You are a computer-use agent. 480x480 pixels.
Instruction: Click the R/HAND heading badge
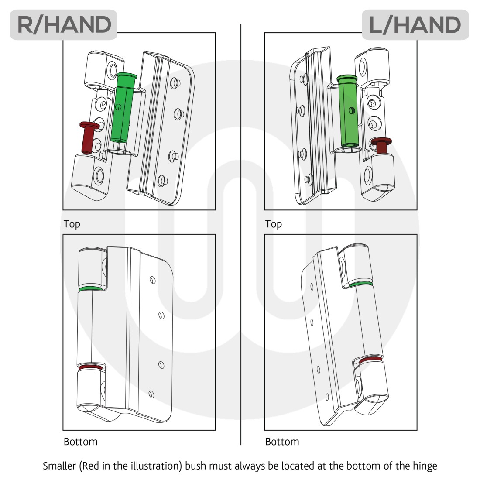pos(64,25)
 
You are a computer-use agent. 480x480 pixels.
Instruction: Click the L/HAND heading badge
pos(415,25)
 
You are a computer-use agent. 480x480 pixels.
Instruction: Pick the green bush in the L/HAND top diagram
pos(349,112)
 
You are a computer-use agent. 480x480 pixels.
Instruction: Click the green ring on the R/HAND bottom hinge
pos(91,289)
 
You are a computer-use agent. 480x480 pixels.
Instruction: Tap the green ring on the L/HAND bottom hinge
pos(361,284)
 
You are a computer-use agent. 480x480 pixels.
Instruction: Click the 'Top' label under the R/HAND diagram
pos(72,224)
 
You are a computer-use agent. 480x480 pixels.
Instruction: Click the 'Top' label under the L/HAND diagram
pos(274,224)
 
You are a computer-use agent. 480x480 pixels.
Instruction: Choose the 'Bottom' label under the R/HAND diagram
pos(80,442)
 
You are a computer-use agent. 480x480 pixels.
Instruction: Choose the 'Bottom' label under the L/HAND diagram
pos(282,442)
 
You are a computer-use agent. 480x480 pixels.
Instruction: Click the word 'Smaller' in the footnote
pos(59,466)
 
